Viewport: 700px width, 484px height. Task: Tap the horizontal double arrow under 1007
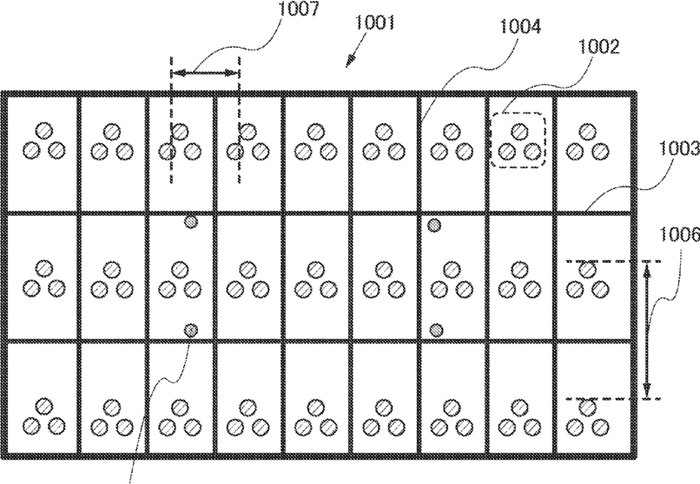pos(205,75)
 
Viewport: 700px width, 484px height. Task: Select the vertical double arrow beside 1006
pos(648,330)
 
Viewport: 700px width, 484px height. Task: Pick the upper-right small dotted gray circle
pos(435,226)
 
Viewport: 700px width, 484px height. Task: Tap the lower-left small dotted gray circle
pos(190,330)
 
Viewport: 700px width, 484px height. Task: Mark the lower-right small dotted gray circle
pos(437,330)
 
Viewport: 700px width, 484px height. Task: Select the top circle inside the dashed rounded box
pos(518,132)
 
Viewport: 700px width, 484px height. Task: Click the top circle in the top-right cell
pos(587,132)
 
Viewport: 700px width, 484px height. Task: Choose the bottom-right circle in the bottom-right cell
pos(599,425)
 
